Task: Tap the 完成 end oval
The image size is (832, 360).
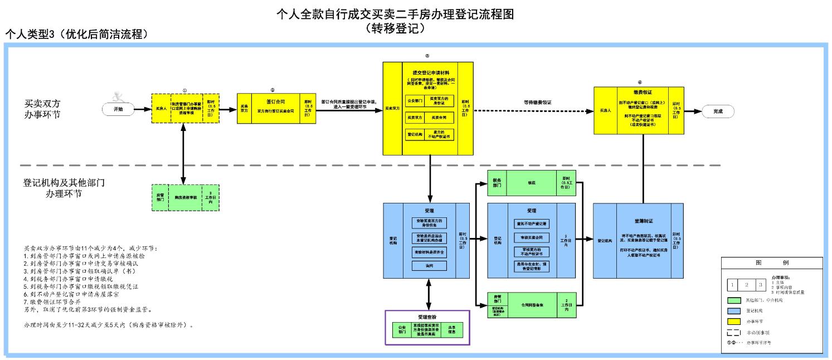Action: [x=718, y=111]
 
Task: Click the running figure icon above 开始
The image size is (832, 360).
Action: [x=118, y=96]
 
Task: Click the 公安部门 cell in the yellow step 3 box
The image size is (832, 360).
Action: [x=413, y=101]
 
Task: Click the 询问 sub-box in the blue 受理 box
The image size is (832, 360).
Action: [x=429, y=266]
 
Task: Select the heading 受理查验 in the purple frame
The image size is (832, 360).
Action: [x=428, y=317]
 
